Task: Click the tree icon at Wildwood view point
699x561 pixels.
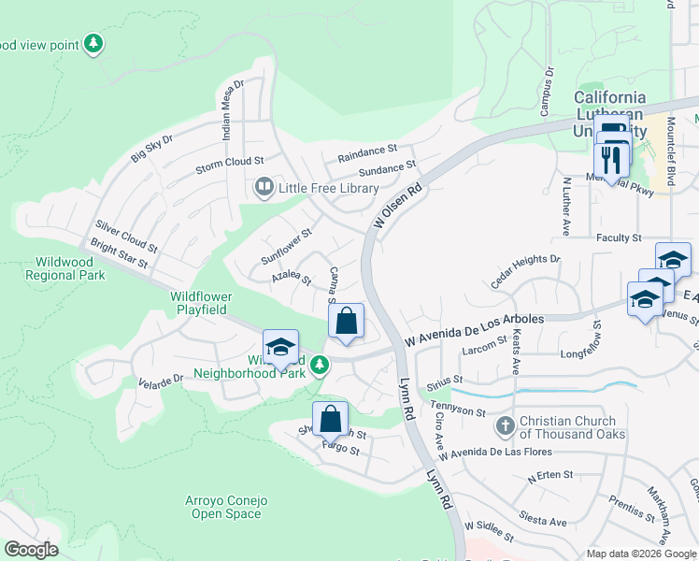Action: click(93, 44)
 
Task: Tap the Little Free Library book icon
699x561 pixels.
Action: click(264, 189)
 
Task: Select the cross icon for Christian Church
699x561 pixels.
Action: click(505, 426)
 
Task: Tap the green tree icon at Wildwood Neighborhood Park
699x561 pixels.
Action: click(320, 364)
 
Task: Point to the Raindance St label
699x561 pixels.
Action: click(368, 150)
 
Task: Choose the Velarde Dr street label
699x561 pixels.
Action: click(160, 380)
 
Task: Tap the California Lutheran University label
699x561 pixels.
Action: click(609, 105)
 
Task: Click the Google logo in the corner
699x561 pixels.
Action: click(31, 549)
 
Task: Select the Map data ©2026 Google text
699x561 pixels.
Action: click(640, 554)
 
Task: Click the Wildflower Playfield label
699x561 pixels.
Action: click(201, 303)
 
